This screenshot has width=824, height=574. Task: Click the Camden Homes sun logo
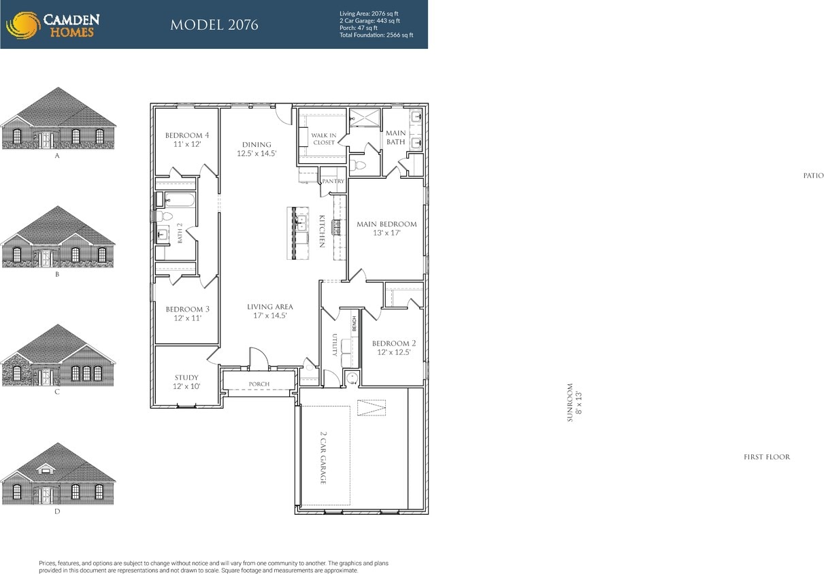(22, 25)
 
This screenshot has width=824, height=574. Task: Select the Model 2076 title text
(214, 26)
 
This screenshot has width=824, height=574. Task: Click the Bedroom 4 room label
(186, 140)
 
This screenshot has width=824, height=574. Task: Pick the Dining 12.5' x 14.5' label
(257, 149)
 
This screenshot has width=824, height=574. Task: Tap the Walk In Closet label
(324, 139)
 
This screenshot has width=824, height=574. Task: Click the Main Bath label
(395, 137)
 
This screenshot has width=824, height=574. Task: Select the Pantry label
(333, 182)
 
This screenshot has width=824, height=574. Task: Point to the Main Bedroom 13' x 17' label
(386, 229)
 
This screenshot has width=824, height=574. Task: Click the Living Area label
(270, 311)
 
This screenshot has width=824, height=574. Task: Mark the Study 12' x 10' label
(186, 382)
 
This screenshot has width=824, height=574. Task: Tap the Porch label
(259, 384)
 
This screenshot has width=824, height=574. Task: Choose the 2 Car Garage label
(323, 457)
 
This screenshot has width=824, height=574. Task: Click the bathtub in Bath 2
(180, 200)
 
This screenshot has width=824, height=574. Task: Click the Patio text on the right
(812, 175)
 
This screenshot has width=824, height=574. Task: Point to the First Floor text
(767, 457)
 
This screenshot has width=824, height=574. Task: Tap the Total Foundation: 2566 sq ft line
(376, 35)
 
